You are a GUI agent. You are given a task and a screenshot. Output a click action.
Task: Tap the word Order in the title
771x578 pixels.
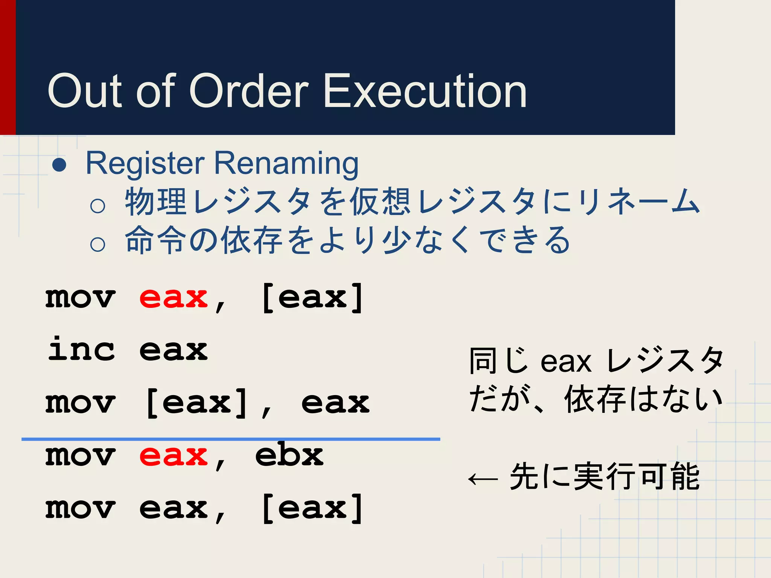(x=248, y=91)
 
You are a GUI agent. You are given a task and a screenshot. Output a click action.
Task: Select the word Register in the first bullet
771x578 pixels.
(x=145, y=164)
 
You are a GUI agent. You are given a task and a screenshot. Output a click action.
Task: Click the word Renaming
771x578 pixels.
(x=286, y=164)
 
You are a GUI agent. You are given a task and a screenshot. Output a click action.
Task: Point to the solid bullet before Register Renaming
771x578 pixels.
(x=59, y=164)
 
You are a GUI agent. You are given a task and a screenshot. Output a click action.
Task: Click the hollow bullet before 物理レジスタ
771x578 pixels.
(x=98, y=205)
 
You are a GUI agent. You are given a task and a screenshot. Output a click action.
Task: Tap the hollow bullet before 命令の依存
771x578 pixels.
(x=98, y=244)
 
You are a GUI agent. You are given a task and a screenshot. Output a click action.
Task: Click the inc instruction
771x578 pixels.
(x=81, y=349)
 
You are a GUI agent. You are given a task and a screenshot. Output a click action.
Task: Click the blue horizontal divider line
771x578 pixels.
(x=230, y=439)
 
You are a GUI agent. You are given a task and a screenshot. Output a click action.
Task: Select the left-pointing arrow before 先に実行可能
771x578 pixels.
(x=483, y=479)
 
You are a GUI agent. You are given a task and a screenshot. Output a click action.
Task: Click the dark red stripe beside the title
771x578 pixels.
(x=8, y=68)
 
